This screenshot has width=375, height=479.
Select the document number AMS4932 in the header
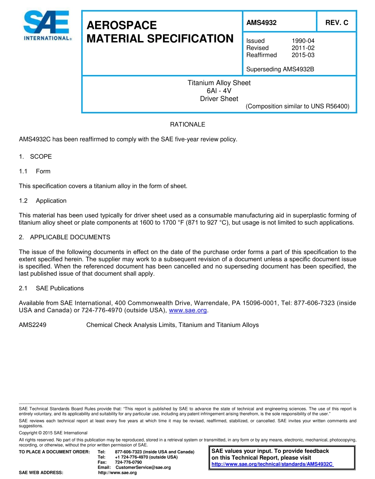click(261, 23)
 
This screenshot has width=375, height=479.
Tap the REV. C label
click(336, 23)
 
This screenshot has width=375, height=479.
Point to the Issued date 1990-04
click(303, 41)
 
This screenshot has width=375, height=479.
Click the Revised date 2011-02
click(303, 48)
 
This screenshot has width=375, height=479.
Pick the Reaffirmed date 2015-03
click(303, 55)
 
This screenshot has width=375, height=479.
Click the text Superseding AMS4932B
click(280, 70)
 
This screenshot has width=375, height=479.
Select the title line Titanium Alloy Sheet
click(219, 83)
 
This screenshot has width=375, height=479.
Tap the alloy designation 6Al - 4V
click(219, 91)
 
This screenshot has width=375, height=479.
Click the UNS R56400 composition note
click(297, 106)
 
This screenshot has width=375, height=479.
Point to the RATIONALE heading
click(187, 124)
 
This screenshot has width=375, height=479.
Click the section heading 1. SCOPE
click(36, 156)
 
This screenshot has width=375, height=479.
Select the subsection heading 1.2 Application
click(43, 201)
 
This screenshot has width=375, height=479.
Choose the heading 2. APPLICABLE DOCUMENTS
click(65, 237)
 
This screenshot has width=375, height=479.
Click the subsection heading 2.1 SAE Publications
click(51, 288)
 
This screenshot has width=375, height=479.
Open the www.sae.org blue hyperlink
click(187, 310)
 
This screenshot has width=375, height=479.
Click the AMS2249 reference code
click(32, 325)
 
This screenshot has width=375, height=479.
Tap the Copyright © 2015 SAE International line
click(53, 433)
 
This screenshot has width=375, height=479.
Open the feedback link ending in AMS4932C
click(272, 464)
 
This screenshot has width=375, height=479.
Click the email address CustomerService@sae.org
click(143, 468)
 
